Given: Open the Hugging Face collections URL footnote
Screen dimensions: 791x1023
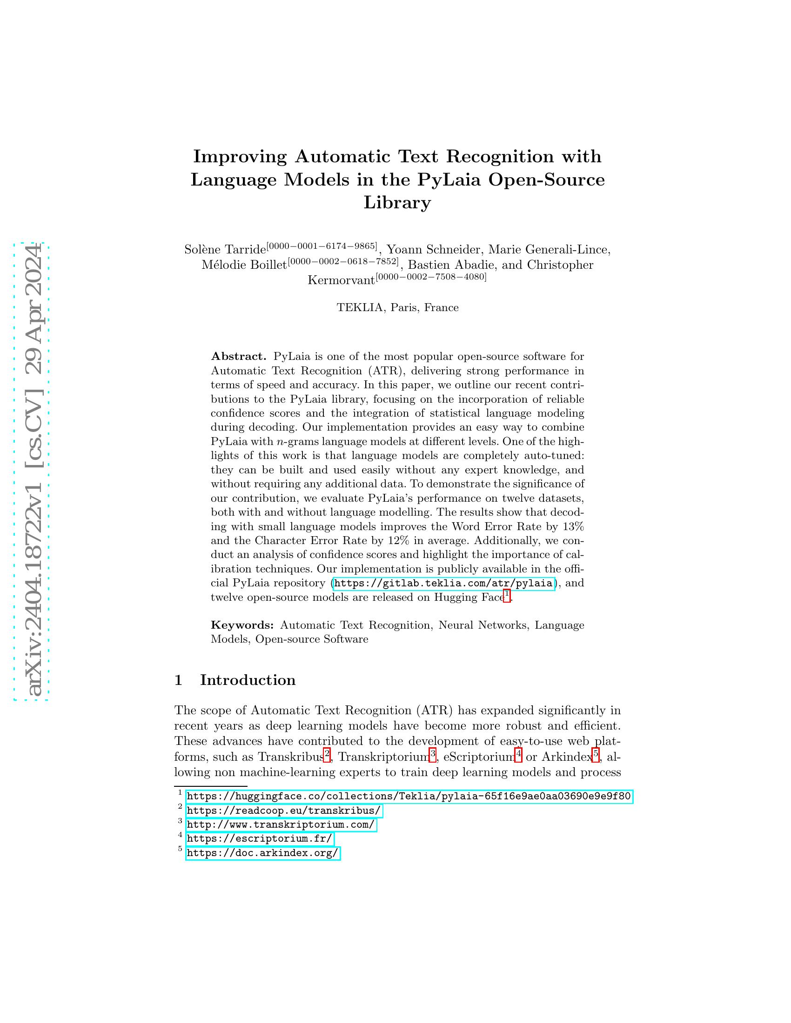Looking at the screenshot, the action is pyautogui.click(x=409, y=796).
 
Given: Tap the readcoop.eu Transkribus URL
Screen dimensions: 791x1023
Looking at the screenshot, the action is pyautogui.click(x=284, y=811).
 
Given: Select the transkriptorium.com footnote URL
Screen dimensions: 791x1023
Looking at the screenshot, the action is pyautogui.click(x=281, y=825).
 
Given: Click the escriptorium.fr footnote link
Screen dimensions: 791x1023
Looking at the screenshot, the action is pyautogui.click(x=260, y=839).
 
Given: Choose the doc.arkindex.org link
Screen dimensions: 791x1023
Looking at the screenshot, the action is pyautogui.click(x=262, y=853).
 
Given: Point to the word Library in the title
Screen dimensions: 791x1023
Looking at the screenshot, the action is pyautogui.click(x=397, y=203).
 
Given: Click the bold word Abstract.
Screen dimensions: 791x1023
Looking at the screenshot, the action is pyautogui.click(x=239, y=357).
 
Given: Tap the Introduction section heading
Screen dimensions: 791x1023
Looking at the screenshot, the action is pyautogui.click(x=248, y=680).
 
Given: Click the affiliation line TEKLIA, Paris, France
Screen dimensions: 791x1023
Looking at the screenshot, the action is pyautogui.click(x=397, y=308).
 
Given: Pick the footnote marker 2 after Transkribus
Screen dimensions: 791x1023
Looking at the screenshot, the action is pyautogui.click(x=327, y=755).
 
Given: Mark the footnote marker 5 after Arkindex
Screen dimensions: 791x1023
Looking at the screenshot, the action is pyautogui.click(x=596, y=755).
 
